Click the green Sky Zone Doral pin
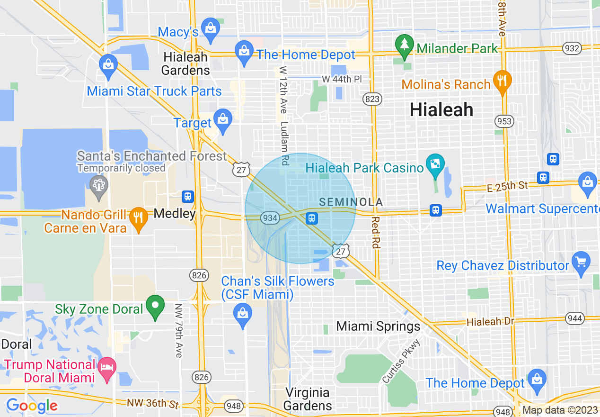[x=155, y=306]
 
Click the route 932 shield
[x=572, y=48]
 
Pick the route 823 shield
[x=372, y=99]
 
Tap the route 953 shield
[x=504, y=121]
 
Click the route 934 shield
[x=270, y=218]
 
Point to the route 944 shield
[x=574, y=318]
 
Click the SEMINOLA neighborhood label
[x=351, y=202]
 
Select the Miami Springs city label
[x=378, y=326]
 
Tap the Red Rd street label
[x=376, y=233]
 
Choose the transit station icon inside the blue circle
[x=311, y=218]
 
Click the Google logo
[x=32, y=406]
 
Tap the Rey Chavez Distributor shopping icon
[x=581, y=262]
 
